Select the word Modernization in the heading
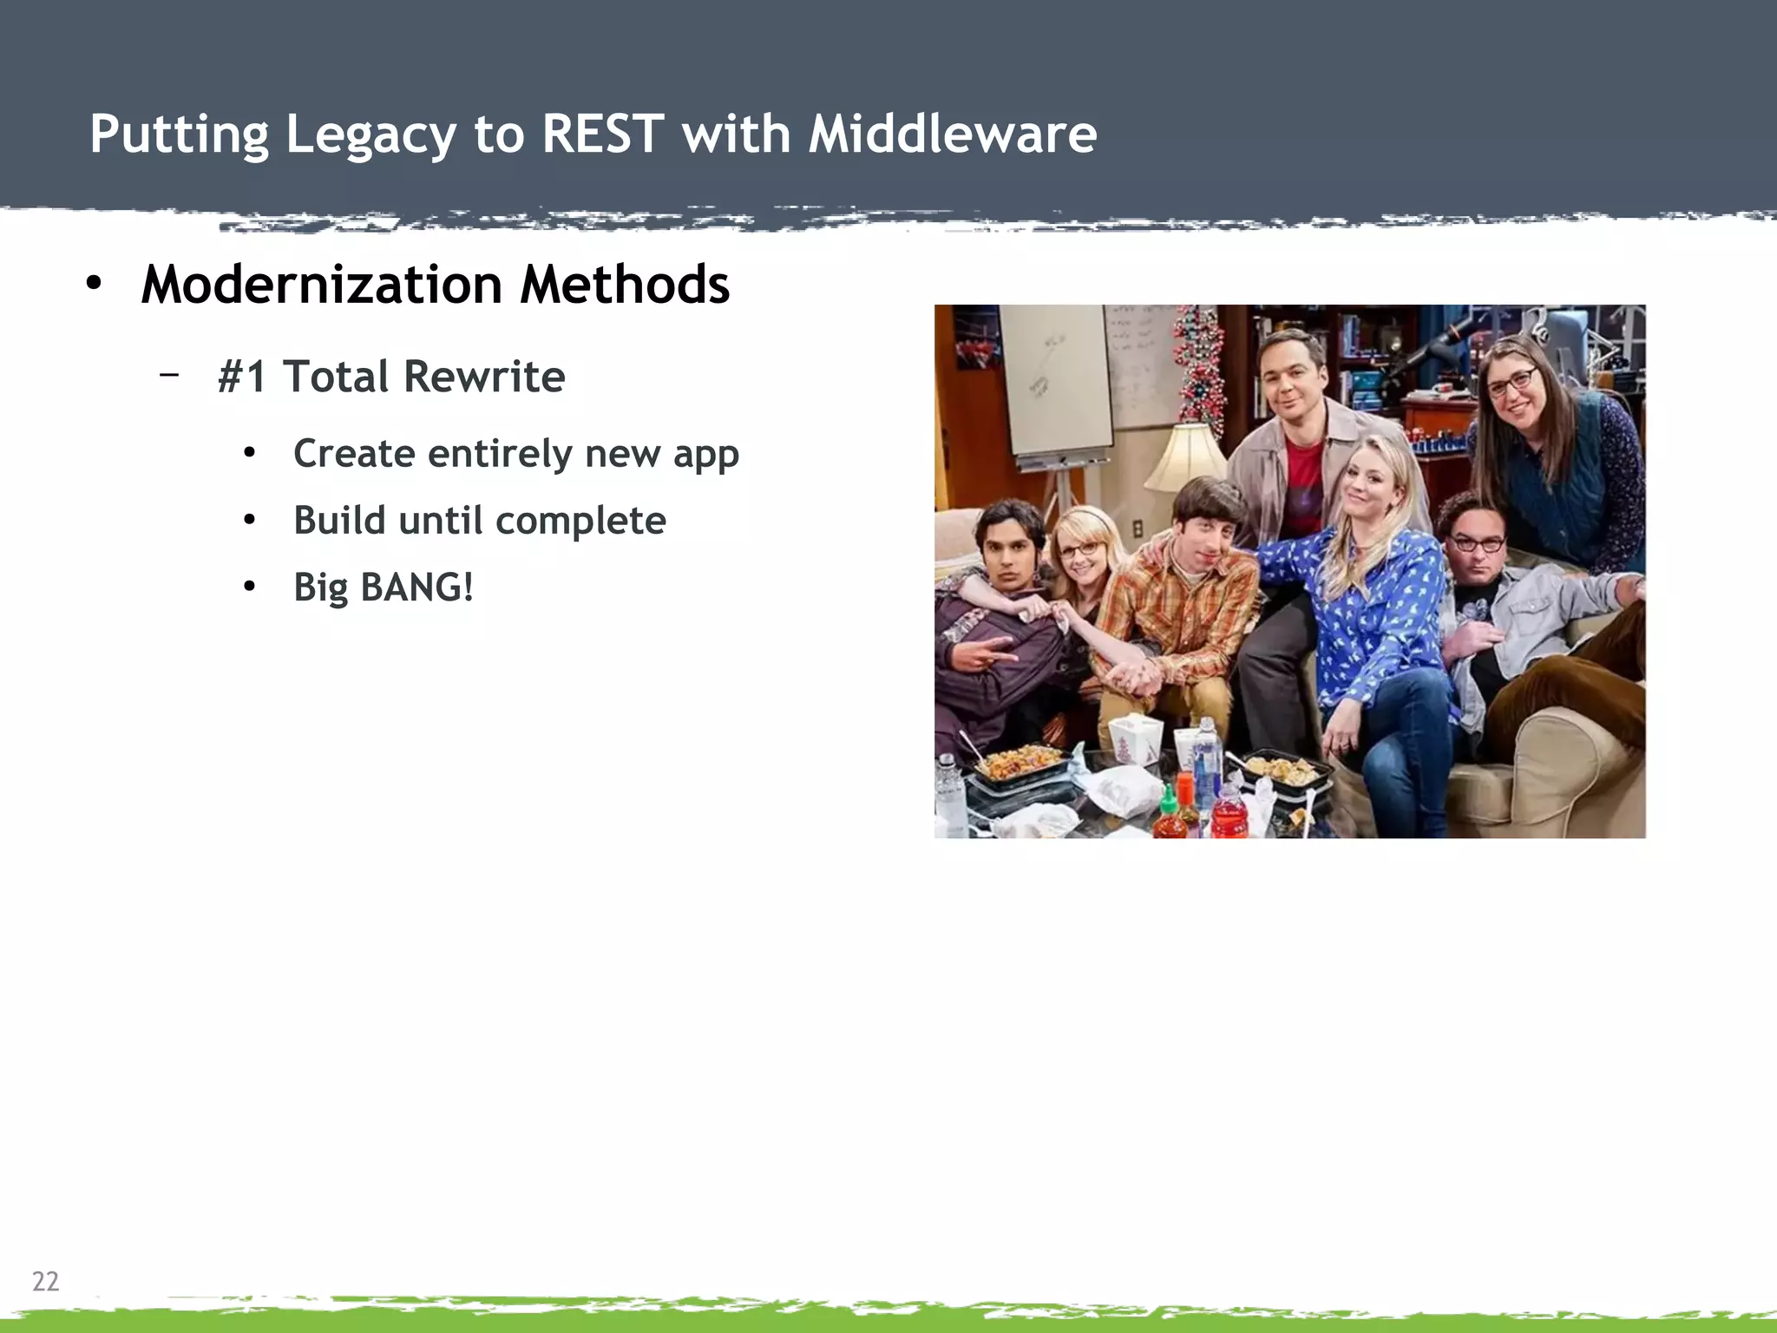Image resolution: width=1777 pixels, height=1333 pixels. [321, 285]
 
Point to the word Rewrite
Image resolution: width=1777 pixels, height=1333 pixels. [484, 377]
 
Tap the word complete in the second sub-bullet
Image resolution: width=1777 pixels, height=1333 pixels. [580, 521]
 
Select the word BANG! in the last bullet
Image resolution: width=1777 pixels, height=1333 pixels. [416, 588]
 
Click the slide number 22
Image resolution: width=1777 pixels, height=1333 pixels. [45, 1281]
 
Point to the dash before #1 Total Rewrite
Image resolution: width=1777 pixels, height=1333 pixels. [169, 374]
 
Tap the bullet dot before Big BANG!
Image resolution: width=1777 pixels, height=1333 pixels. [250, 588]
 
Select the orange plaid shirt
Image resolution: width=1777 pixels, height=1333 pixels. [1171, 607]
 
